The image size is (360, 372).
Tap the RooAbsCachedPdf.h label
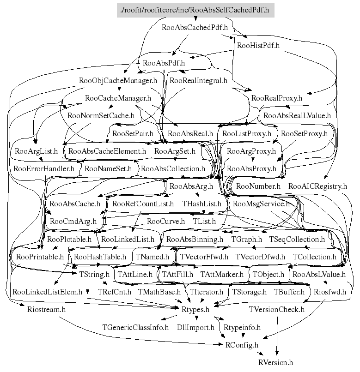pos(195,27)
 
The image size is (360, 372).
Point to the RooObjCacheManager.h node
pos(118,80)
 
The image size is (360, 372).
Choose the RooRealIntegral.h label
pos(198,80)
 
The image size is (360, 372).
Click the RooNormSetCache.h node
pos(101,115)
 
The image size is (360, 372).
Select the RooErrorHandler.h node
pos(43,168)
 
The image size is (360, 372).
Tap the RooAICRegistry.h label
pos(317,186)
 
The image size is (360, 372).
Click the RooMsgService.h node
pos(261,203)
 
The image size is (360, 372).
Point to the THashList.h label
pos(201,203)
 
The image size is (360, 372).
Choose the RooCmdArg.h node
pos(73,221)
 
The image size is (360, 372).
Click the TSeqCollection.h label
pos(296,239)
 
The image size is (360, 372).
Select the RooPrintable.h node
pos(39,257)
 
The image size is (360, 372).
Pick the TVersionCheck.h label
pos(276,309)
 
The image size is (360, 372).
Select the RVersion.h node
pos(275,363)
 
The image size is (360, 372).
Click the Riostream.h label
pos(43,309)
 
